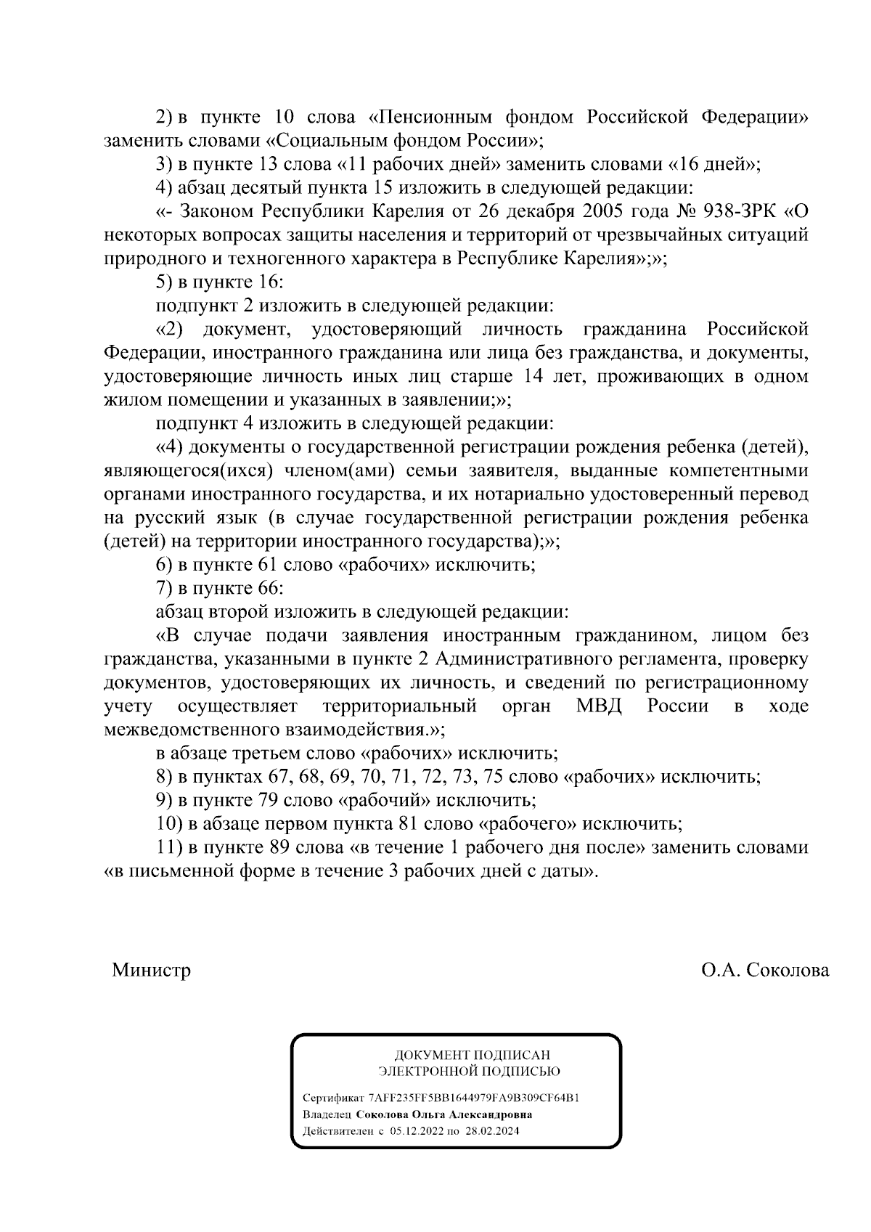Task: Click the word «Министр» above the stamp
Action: (151, 970)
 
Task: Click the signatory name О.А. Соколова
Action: (765, 970)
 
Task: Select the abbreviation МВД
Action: (599, 706)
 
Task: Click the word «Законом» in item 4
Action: (216, 211)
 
